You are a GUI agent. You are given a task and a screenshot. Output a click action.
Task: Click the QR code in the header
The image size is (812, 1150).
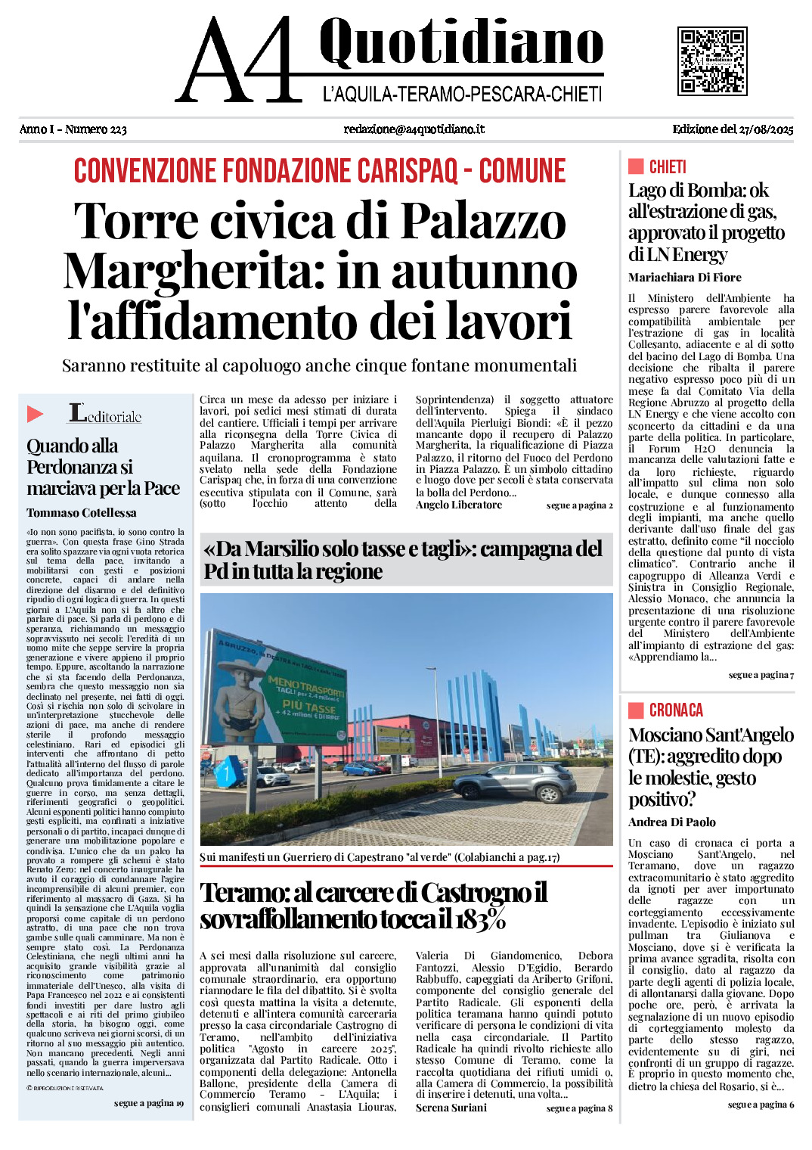coord(712,61)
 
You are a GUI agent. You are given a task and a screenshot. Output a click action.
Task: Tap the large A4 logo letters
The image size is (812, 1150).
coord(240,61)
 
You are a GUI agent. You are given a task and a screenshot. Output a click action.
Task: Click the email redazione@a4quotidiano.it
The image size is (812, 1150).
coord(414,129)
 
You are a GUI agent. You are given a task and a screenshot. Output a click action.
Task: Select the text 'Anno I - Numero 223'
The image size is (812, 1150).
coord(73,129)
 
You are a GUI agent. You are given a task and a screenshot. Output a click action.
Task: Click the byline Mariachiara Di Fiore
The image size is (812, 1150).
coord(684,278)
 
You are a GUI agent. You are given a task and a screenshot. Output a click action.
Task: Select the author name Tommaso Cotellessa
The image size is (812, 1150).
coord(82,513)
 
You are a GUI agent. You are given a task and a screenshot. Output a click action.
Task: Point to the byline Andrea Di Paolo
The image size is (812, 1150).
coord(671,822)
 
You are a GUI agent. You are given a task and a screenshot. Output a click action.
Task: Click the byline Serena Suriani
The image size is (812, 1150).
coord(451,1108)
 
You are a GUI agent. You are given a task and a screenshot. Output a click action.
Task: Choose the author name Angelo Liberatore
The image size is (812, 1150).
coord(458,505)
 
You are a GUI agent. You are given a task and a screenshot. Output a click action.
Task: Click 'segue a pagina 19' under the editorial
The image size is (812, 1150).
coord(148,1103)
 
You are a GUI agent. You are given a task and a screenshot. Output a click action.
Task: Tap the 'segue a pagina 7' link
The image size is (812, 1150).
coord(761,675)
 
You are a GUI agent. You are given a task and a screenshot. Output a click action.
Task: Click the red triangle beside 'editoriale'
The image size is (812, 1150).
coord(35,414)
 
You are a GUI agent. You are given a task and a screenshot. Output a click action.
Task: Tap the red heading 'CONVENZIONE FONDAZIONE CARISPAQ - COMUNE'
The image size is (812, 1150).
coord(319,171)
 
